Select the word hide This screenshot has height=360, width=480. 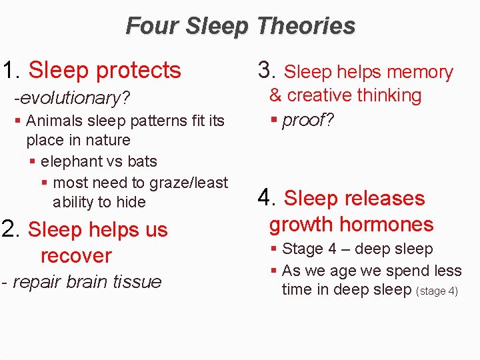pos(130,202)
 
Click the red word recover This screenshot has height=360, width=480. pos(76,255)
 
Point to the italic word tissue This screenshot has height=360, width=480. pos(137,282)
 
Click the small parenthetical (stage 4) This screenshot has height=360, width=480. pos(437,291)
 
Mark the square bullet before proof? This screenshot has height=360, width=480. pos(273,121)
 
